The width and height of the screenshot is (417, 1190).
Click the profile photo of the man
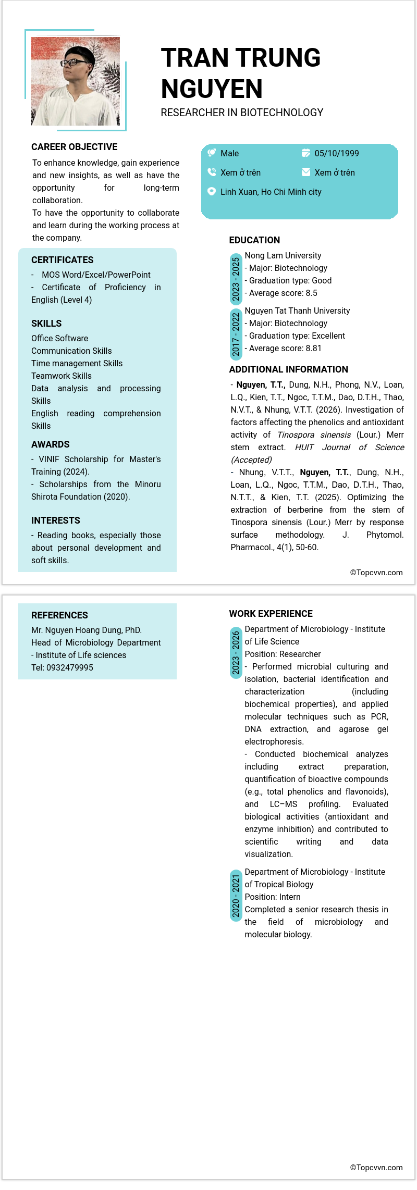76,81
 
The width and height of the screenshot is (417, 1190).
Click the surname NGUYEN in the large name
212,89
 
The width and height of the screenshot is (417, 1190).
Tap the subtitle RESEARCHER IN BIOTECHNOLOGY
242,113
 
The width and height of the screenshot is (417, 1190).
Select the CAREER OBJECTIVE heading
75,147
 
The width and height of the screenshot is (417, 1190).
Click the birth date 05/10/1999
336,153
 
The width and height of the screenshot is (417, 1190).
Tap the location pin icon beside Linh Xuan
212,191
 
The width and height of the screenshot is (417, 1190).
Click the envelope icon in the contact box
306,172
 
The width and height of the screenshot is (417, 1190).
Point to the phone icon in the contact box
212,172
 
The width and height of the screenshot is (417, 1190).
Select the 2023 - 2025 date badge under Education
236,279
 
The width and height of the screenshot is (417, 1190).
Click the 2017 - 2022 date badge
236,334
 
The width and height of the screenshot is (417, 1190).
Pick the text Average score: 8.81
285,348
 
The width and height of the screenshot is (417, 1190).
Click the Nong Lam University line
283,255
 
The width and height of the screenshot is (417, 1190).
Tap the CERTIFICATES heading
63,260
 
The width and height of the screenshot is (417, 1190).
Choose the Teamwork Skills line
62,376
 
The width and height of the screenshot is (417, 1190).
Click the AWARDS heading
51,444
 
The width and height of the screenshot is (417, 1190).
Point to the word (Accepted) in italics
252,460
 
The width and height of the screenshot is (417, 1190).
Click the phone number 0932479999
70,667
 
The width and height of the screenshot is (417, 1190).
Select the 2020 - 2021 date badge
236,896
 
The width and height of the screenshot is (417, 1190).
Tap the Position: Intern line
273,897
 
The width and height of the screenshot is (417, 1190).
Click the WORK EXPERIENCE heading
271,614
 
